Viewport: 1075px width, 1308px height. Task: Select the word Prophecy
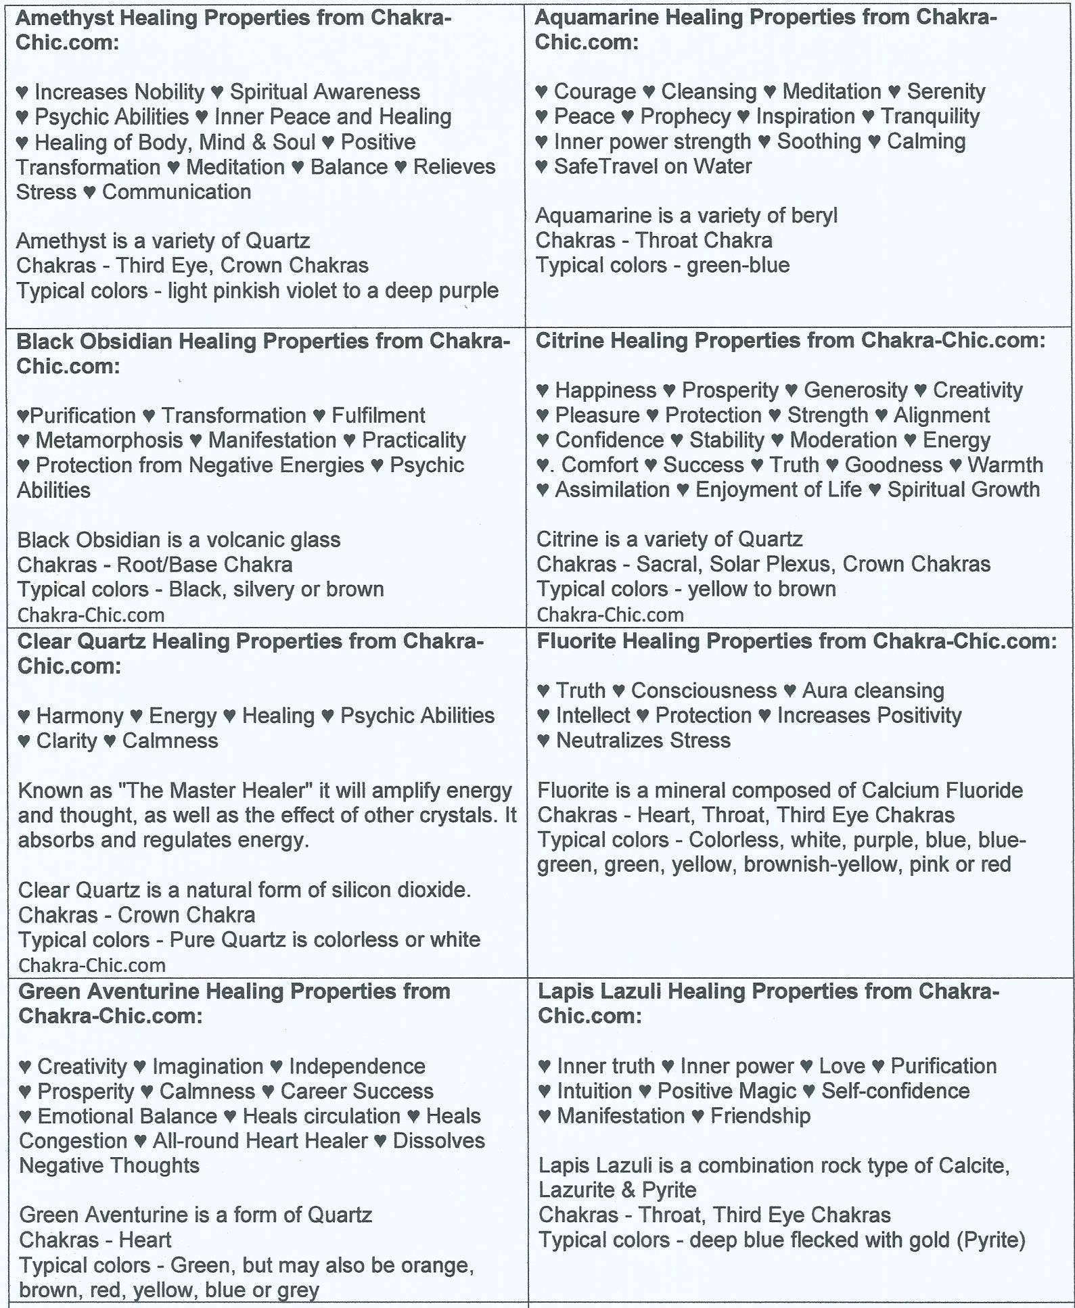(x=685, y=116)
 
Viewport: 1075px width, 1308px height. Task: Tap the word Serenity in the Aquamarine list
(x=946, y=91)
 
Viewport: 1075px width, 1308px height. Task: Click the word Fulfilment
(x=378, y=415)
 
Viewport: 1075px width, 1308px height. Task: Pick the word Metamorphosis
(x=109, y=440)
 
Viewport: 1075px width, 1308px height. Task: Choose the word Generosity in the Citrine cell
(x=855, y=390)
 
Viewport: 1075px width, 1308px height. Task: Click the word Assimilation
(x=612, y=490)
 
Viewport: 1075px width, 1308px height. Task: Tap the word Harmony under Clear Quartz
(x=80, y=716)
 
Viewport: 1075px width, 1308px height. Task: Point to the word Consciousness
(x=704, y=691)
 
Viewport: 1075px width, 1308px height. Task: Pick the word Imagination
(x=207, y=1067)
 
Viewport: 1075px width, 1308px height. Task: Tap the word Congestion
(x=73, y=1141)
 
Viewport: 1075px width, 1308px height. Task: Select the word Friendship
(x=760, y=1116)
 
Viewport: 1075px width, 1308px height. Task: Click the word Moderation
(x=843, y=440)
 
